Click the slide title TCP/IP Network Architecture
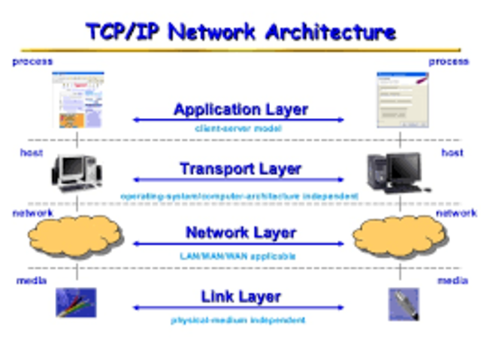(240, 32)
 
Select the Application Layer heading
(240, 110)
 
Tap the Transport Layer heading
(240, 170)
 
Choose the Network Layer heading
(240, 233)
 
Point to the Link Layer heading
(240, 297)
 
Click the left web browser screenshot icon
(78, 100)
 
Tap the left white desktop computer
(77, 173)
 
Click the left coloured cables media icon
(77, 303)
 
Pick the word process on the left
(32, 61)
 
